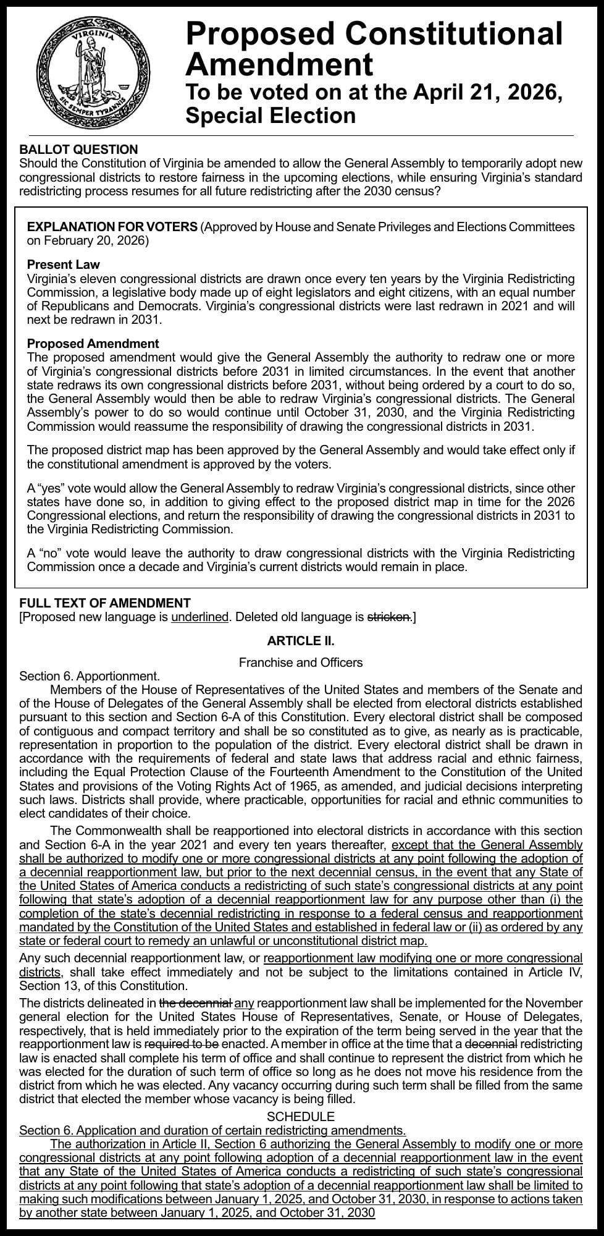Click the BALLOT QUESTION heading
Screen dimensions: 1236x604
tap(78, 150)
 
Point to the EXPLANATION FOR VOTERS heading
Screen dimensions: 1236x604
tap(112, 227)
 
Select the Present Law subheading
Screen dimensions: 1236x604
tap(63, 265)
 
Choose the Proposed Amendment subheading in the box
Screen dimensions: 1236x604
tap(93, 344)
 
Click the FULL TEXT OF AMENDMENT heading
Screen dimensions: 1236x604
tap(105, 603)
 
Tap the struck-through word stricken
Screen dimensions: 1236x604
tap(388, 617)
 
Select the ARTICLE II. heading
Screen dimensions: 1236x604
tap(301, 641)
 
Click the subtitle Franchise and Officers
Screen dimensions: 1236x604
tap(301, 662)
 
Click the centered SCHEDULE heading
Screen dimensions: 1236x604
tap(301, 1117)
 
